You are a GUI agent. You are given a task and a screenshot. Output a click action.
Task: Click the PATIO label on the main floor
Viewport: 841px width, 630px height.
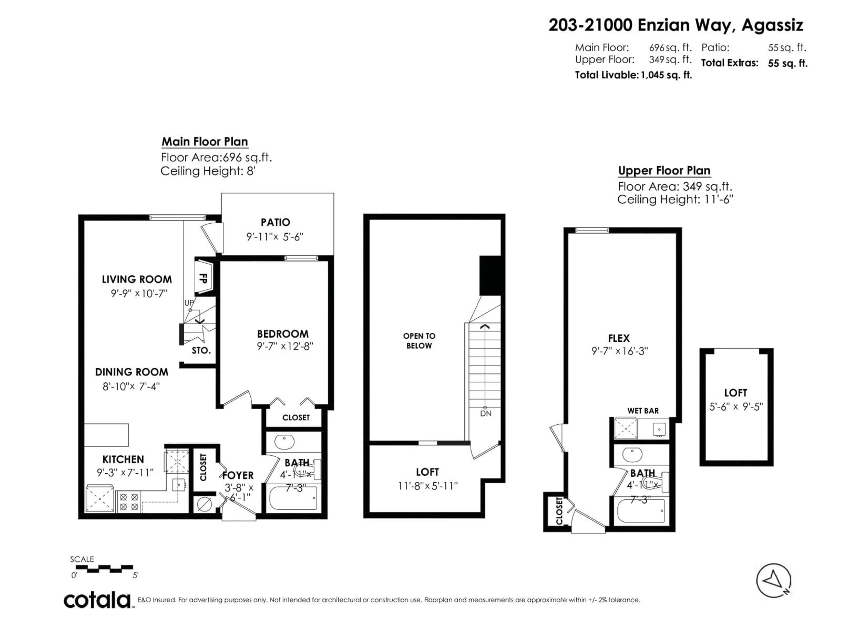point(275,222)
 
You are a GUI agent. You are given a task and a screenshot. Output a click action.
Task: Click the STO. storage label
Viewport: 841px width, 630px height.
point(201,350)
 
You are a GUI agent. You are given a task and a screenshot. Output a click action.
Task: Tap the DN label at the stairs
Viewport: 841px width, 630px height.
point(486,413)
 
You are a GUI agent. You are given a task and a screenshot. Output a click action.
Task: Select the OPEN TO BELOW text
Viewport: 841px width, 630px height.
point(419,341)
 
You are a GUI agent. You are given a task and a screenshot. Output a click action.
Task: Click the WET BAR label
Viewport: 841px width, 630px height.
point(643,411)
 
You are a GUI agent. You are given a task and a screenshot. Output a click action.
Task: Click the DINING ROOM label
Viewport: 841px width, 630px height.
point(132,372)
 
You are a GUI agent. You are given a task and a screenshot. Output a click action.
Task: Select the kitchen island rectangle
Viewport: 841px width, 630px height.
point(106,435)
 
